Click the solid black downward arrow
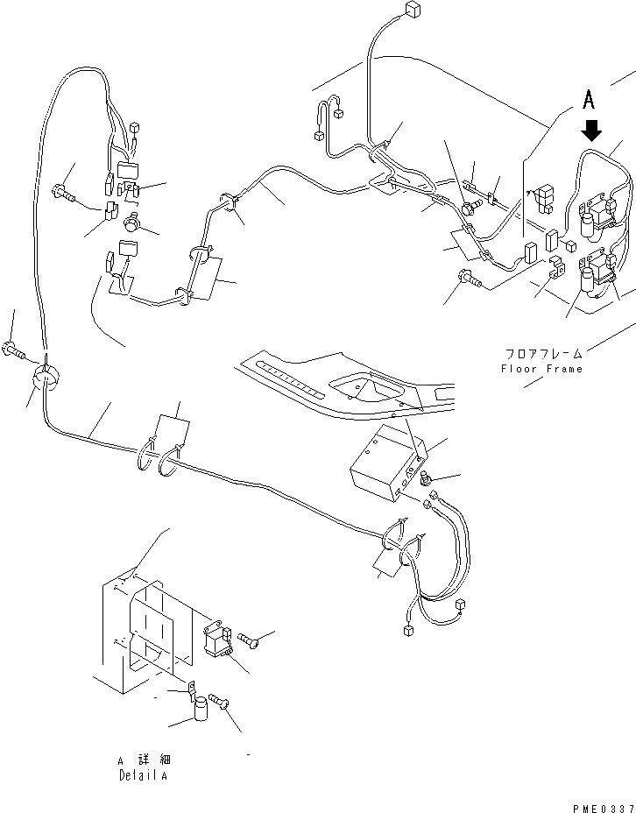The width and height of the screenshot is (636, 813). pos(592,130)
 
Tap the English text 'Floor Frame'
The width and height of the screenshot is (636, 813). pos(541,369)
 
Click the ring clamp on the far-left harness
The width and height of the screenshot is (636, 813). pos(45,378)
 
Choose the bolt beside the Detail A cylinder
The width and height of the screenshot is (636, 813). pos(220,701)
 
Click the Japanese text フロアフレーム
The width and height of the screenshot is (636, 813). pos(543,355)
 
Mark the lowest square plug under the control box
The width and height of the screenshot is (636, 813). pos(407,630)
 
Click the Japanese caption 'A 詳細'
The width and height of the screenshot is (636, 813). pos(141,760)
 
